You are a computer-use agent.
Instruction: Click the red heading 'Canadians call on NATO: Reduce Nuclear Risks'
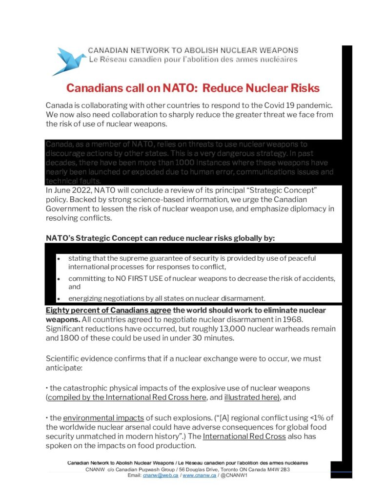[193, 88]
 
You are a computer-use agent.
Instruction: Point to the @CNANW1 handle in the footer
[235, 475]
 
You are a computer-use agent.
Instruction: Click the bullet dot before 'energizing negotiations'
[59, 298]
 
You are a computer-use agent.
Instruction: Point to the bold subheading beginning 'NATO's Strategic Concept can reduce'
[161, 238]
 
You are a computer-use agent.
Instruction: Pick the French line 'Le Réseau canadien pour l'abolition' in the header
[193, 60]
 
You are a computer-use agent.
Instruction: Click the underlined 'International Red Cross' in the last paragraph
[244, 437]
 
